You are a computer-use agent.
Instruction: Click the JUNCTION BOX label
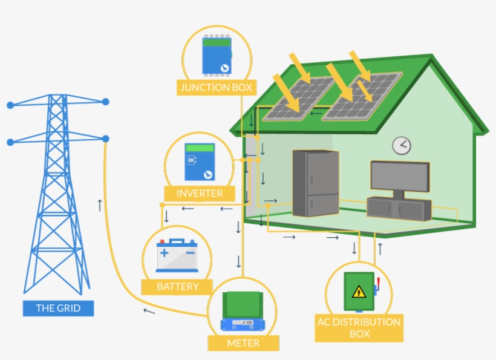pyautogui.click(x=216, y=88)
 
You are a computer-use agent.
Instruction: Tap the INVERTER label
pyautogui.click(x=199, y=194)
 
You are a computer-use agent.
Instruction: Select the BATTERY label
pyautogui.click(x=177, y=286)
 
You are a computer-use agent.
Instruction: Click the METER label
pyautogui.click(x=243, y=343)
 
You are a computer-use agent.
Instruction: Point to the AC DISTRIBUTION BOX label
pyautogui.click(x=359, y=328)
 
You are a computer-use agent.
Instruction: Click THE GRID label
pyautogui.click(x=58, y=308)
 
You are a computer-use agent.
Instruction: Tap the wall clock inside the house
pyautogui.click(x=401, y=145)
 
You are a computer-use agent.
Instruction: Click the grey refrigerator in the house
pyautogui.click(x=315, y=183)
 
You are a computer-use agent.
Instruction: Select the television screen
pyautogui.click(x=399, y=176)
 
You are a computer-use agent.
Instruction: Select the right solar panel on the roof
pyautogui.click(x=363, y=97)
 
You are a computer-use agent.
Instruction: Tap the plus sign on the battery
pyautogui.click(x=164, y=252)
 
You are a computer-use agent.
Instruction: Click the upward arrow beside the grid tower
pyautogui.click(x=100, y=205)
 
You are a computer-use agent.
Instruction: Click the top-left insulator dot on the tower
pyautogui.click(x=10, y=105)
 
